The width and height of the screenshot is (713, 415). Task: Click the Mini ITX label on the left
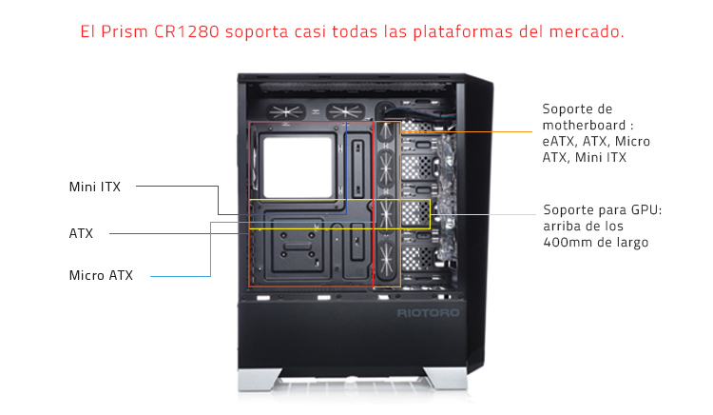94,187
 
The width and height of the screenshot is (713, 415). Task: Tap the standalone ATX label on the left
81,233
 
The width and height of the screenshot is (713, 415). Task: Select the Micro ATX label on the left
101,275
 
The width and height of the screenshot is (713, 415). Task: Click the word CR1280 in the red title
186,31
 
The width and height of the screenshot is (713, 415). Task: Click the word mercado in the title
587,31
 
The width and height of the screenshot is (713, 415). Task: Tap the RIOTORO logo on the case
428,313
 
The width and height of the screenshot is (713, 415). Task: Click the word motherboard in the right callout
584,125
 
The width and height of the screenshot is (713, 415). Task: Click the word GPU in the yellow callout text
646,209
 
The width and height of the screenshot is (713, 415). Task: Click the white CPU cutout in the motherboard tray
298,168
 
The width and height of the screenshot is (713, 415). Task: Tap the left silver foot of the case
260,379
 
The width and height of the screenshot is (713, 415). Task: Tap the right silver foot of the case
446,379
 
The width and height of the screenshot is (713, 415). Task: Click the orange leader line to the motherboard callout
467,132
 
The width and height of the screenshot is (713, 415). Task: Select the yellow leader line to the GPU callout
483,214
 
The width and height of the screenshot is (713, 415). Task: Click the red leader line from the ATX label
179,233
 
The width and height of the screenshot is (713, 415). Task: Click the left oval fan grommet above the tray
286,111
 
